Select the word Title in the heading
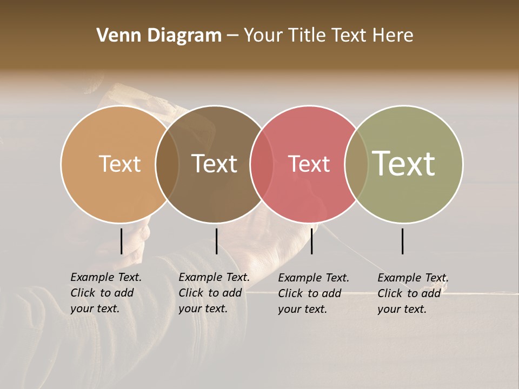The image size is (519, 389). coord(306,36)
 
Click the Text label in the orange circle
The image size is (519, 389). coord(119,164)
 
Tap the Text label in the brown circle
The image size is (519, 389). coord(214,164)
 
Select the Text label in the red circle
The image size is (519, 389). coord(309,164)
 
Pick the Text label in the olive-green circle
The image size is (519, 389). coord(404,163)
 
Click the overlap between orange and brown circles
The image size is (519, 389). coord(167,164)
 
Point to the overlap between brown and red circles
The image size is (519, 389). coord(262,164)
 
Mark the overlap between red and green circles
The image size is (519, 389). coord(356,164)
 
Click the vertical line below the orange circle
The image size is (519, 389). coord(121,241)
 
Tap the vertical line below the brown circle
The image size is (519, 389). coord(216,241)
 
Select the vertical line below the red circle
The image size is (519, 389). coord(311,241)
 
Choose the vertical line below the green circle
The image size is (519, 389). coord(402,241)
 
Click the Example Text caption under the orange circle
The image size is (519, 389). coord(105,293)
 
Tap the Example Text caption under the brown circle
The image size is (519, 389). coord(214,293)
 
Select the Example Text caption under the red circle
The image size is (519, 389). coord(313,293)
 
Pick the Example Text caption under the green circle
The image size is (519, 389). coord(412,293)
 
